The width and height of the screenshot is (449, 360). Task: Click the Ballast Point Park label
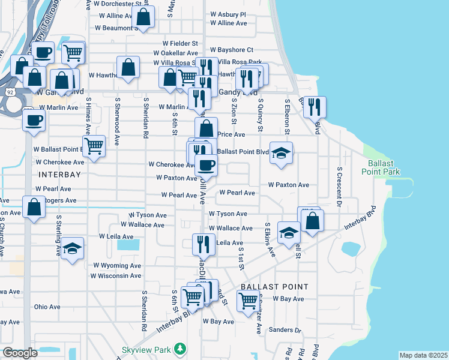pos(381,167)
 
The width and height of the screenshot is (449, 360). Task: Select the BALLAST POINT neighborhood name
pos(274,287)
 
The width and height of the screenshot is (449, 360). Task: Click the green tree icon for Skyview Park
pos(179,349)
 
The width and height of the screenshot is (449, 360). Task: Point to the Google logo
pos(20,352)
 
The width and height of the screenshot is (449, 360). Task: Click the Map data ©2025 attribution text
pos(423,355)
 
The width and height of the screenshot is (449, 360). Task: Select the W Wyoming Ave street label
pos(117,265)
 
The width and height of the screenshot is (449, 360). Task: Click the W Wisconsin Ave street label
pos(116,276)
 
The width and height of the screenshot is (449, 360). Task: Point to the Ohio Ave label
pos(47,307)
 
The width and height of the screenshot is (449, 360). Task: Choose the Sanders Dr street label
pos(285,329)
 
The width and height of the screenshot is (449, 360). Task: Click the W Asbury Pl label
pos(228,14)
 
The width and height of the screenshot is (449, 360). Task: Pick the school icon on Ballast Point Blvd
pos(281,152)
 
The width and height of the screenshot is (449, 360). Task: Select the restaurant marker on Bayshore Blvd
pos(315,107)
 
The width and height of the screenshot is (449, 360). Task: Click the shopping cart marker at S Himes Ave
pos(94,145)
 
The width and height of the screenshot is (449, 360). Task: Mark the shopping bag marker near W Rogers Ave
pos(34,207)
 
